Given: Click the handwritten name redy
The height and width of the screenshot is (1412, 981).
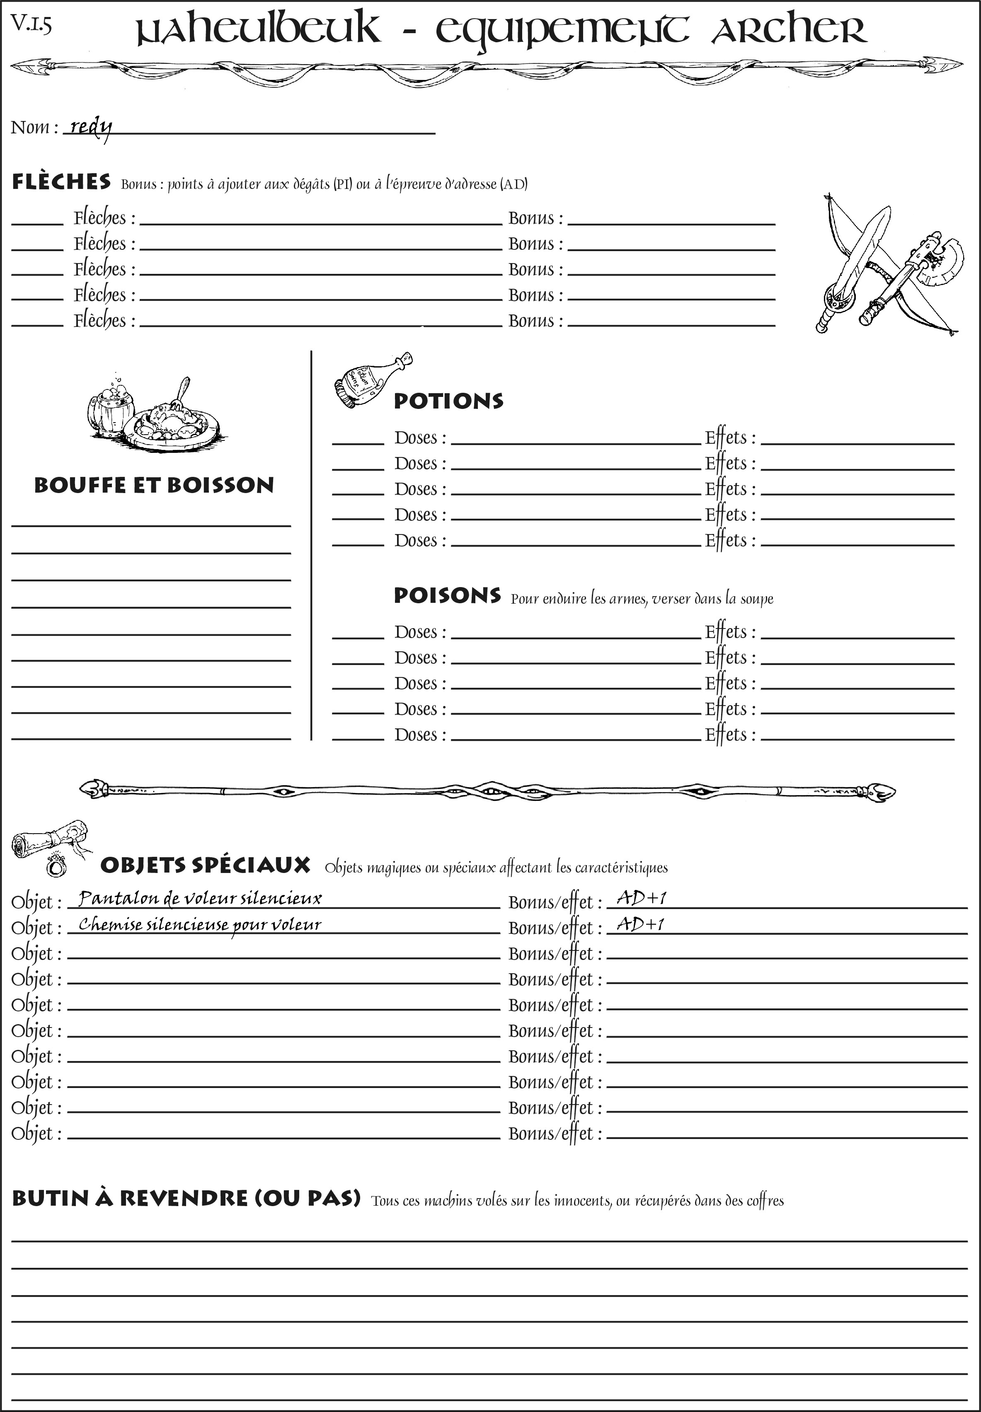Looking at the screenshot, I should point(91,127).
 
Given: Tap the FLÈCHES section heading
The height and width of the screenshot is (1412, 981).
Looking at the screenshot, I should point(61,182).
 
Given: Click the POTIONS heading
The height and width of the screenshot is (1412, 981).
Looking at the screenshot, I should point(448,401).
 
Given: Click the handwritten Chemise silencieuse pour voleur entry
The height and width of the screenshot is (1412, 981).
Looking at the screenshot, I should point(200,925).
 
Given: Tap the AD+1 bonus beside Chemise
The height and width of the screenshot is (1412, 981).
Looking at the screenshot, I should point(640,924).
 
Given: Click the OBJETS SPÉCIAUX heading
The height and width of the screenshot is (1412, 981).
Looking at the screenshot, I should point(205,865).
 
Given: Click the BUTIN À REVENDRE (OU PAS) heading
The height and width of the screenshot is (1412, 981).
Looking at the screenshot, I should point(186,1198).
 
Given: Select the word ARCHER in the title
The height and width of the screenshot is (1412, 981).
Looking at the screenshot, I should point(789,31).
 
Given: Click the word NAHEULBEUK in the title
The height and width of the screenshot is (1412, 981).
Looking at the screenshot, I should point(258,31).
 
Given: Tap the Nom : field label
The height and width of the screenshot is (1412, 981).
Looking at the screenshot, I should point(34,127).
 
